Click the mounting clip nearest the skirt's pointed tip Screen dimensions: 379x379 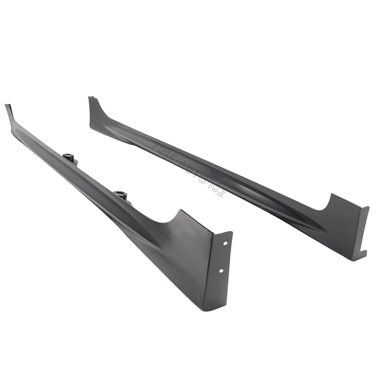coord(70,158)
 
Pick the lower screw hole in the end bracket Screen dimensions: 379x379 coord(221,271)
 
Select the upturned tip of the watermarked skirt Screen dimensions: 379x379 coord(90,99)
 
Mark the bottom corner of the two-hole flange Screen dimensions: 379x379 coord(204,309)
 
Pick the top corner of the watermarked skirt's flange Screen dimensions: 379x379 coord(368,208)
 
